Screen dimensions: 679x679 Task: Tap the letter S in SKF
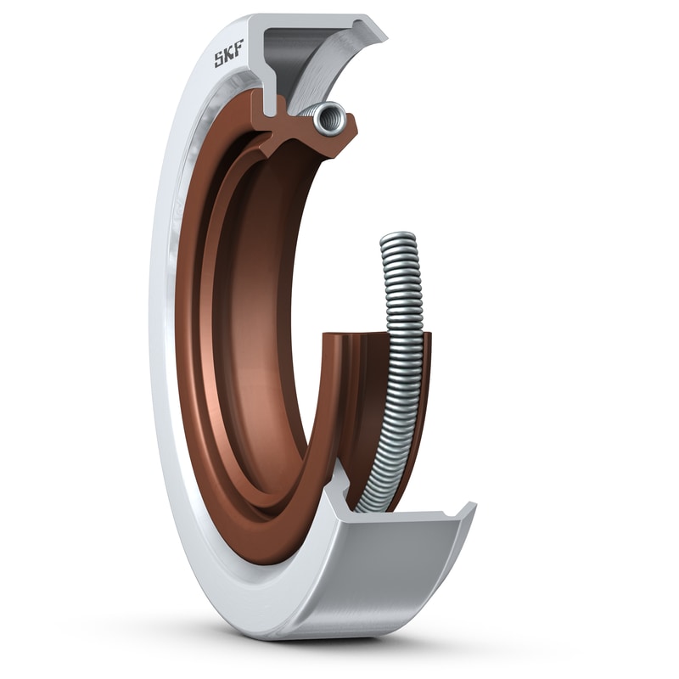(x=219, y=60)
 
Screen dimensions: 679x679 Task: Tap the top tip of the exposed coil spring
(x=399, y=237)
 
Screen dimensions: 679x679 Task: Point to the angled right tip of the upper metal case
(x=373, y=32)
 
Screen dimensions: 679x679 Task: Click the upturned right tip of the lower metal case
(x=465, y=511)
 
